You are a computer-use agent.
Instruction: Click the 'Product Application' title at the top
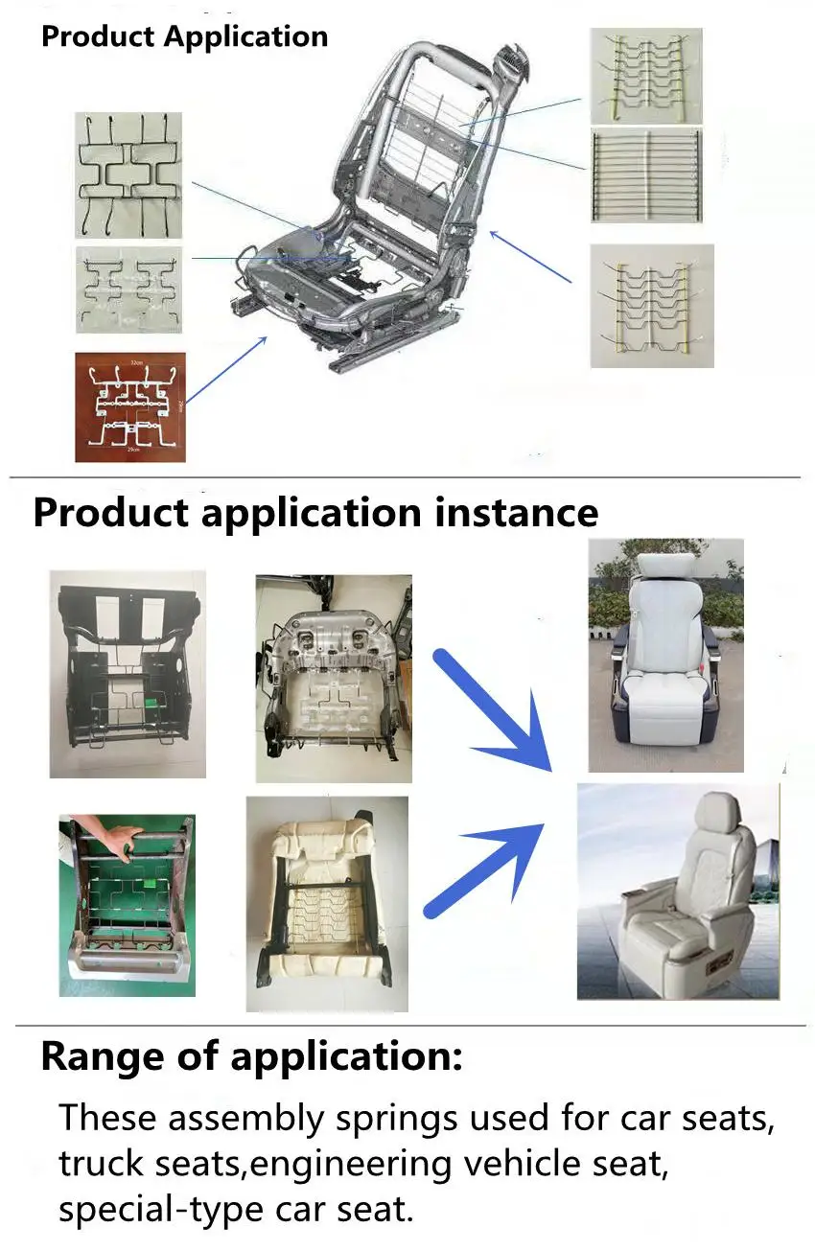[184, 37]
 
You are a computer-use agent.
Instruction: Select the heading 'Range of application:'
[251, 1056]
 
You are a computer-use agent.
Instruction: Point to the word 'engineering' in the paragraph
[352, 1165]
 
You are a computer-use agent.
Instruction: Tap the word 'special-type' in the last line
[153, 1209]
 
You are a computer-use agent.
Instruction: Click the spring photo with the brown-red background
[129, 406]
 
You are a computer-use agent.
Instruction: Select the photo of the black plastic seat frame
[128, 673]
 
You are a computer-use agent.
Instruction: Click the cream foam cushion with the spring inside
[326, 903]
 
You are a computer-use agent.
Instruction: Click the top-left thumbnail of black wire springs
[128, 174]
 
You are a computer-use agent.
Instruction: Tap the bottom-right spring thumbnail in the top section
[652, 306]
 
